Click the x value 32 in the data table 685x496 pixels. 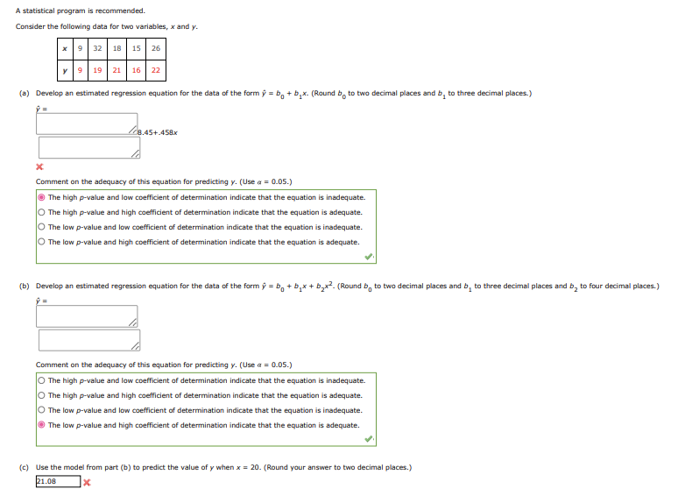tap(97, 48)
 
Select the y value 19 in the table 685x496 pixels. tap(97, 70)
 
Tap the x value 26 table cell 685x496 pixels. tap(156, 48)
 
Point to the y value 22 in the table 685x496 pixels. tap(156, 70)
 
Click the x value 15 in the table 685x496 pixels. tap(137, 48)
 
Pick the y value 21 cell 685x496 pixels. tap(117, 70)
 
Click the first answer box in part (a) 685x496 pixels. tap(88, 124)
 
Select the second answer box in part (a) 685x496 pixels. tap(88, 147)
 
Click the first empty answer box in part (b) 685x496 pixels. tap(88, 315)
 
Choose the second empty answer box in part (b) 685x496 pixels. tap(88, 339)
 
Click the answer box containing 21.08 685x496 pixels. tap(58, 481)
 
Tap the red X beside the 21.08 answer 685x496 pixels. tap(87, 481)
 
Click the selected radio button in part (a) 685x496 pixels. tap(41, 198)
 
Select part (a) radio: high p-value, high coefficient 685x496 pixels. tap(41, 212)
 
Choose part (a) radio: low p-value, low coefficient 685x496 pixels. tap(41, 227)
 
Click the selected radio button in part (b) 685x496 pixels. tap(41, 425)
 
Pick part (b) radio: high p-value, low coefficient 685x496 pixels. tap(41, 381)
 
